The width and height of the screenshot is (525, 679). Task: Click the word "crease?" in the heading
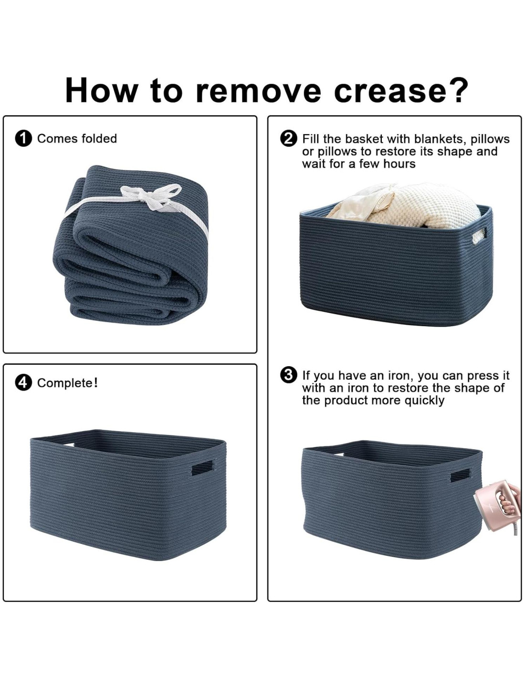pos(401,90)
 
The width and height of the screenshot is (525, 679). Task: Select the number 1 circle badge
pos(23,139)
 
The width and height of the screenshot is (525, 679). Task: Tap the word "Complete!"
pos(67,383)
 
